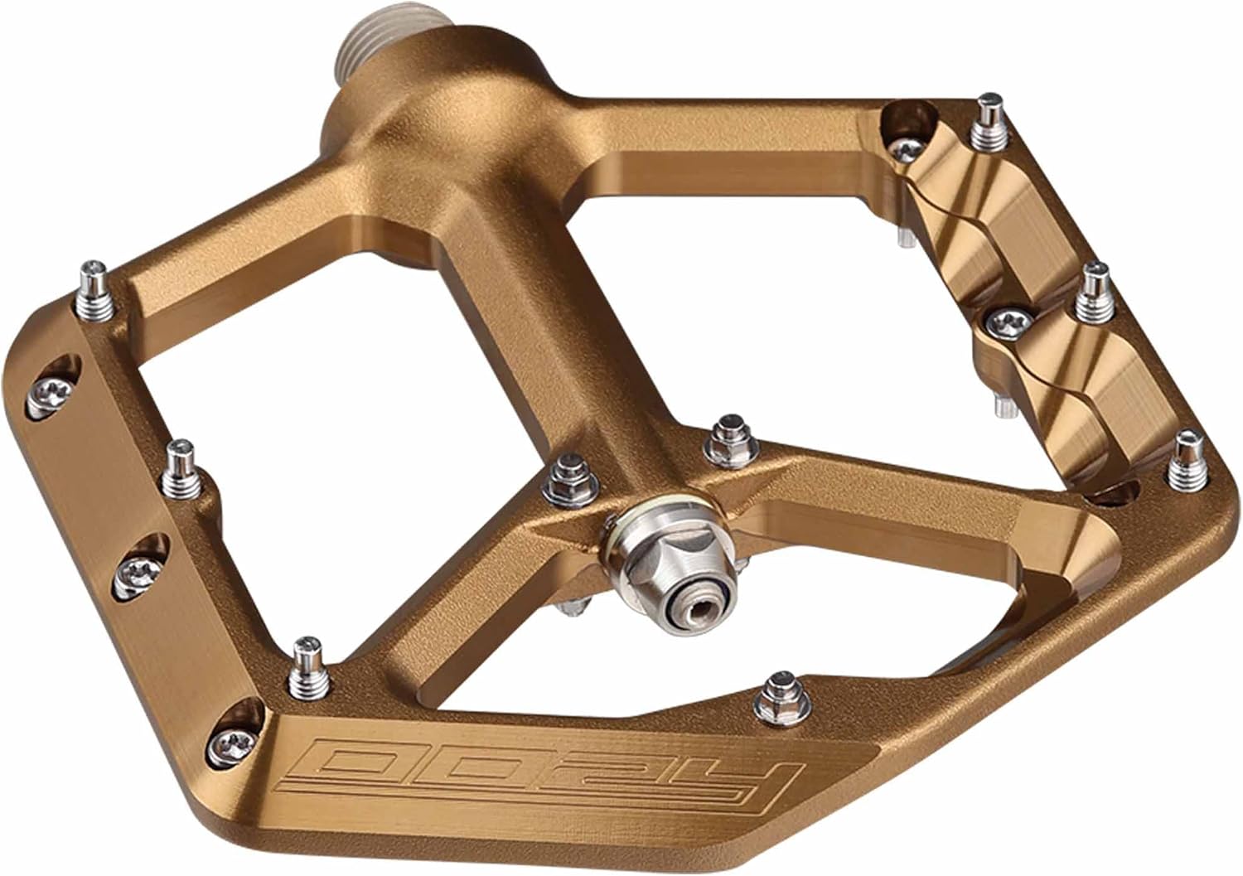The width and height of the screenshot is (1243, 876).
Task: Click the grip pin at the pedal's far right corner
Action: tap(1189, 462)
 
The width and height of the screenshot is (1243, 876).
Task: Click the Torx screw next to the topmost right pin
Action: tap(904, 148)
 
